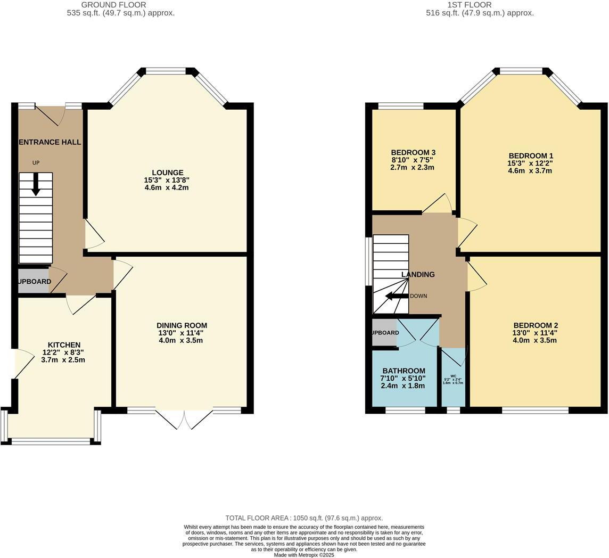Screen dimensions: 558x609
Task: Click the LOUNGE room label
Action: pyautogui.click(x=167, y=173)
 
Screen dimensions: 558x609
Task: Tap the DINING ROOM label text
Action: pyautogui.click(x=182, y=325)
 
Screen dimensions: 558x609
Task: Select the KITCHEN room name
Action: pyautogui.click(x=64, y=345)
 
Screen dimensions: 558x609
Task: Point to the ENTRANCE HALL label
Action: pyautogui.click(x=50, y=142)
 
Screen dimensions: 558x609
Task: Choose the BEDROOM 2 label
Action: pyautogui.click(x=536, y=325)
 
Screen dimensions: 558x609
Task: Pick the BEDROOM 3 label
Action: pyautogui.click(x=413, y=153)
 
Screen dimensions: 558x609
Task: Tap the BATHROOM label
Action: pyautogui.click(x=404, y=371)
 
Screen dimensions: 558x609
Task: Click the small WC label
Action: pyautogui.click(x=453, y=376)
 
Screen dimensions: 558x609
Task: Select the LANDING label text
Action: pyautogui.click(x=418, y=275)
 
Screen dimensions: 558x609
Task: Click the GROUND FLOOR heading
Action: pyautogui.click(x=113, y=5)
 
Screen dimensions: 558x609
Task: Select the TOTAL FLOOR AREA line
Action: pyautogui.click(x=304, y=518)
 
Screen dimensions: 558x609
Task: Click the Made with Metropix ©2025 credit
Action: pyautogui.click(x=304, y=555)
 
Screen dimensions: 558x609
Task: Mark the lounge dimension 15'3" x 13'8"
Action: pyautogui.click(x=167, y=180)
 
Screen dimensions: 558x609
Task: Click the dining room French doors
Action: pyautogui.click(x=184, y=418)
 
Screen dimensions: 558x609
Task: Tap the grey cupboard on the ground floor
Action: pyautogui.click(x=34, y=282)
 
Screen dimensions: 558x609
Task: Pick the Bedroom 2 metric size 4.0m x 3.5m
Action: pyautogui.click(x=536, y=340)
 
